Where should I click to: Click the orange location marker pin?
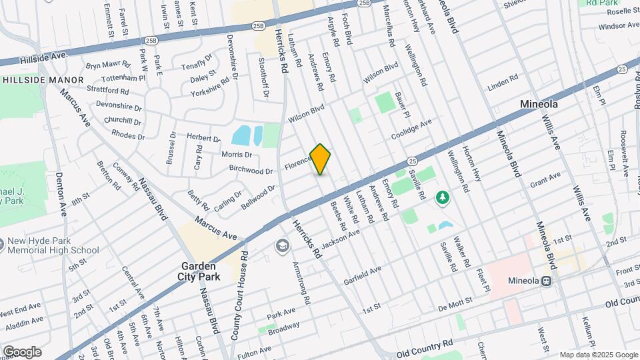321,159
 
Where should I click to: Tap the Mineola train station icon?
547,281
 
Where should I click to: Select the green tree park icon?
441,197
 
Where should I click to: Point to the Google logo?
22,352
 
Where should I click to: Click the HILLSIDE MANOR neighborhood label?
44,80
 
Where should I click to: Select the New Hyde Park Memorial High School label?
53,246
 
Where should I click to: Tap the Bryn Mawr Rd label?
107,67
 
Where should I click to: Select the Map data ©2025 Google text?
598,355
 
